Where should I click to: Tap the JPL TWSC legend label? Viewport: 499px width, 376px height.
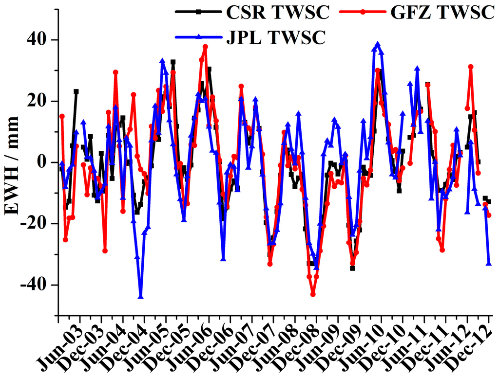[275, 37]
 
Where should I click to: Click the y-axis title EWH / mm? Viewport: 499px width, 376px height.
[12, 165]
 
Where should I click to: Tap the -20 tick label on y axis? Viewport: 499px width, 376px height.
[39, 224]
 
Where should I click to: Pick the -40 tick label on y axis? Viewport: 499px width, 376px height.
[39, 285]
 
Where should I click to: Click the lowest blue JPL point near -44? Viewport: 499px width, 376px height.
[141, 296]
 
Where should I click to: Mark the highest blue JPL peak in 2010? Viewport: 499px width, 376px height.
[378, 44]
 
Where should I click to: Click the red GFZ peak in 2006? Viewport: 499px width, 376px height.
[205, 47]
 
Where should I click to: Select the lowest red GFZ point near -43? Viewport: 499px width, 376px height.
[313, 294]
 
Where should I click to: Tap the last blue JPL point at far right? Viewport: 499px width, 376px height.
[489, 263]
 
